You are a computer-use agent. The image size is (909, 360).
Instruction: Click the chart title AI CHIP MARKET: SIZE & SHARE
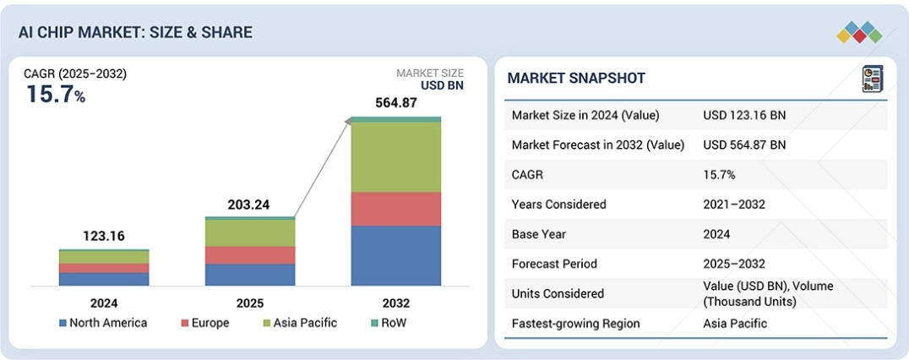135,32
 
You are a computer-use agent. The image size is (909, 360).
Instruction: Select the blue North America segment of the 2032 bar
395,255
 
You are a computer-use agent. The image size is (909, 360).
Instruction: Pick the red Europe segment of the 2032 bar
395,209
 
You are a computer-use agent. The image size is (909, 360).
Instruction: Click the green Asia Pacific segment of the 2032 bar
395,157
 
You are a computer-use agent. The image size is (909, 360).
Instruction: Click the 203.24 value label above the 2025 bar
250,205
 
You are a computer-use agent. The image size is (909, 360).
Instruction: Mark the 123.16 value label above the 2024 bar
104,236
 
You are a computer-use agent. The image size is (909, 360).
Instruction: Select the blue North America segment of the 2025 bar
250,275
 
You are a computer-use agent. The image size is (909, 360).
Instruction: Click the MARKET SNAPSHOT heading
576,79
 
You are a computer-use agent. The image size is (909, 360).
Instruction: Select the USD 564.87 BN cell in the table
744,145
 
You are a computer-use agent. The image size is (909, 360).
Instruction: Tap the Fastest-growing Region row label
575,324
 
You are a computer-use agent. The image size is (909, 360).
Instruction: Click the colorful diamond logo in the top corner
860,33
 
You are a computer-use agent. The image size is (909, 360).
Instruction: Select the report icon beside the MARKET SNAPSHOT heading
872,79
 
